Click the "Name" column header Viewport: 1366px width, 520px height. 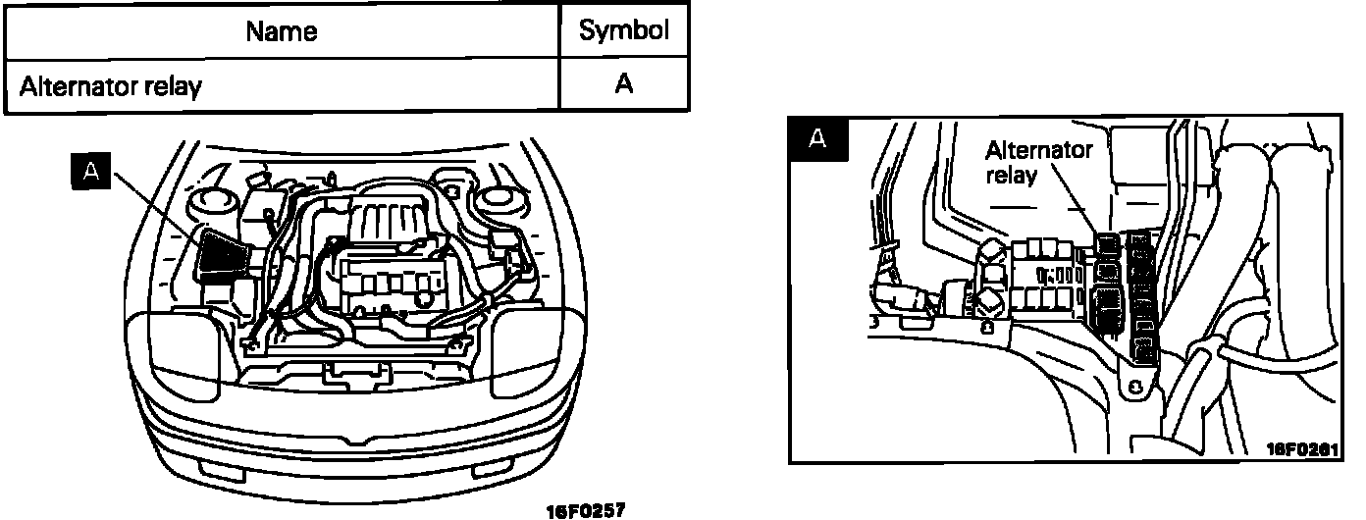pyautogui.click(x=282, y=30)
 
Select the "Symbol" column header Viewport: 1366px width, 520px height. pyautogui.click(x=624, y=30)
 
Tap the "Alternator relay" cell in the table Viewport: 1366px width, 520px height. pyautogui.click(x=111, y=86)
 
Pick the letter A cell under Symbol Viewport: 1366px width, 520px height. pyautogui.click(x=624, y=85)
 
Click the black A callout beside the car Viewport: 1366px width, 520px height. pyautogui.click(x=91, y=172)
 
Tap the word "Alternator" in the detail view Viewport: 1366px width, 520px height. pyautogui.click(x=1038, y=151)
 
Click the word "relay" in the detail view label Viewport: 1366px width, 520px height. pyautogui.click(x=1012, y=175)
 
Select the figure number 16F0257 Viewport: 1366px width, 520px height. pyautogui.click(x=585, y=510)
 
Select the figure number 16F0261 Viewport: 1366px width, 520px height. pyautogui.click(x=1300, y=447)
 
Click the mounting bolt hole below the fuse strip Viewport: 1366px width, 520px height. pyautogui.click(x=1135, y=388)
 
